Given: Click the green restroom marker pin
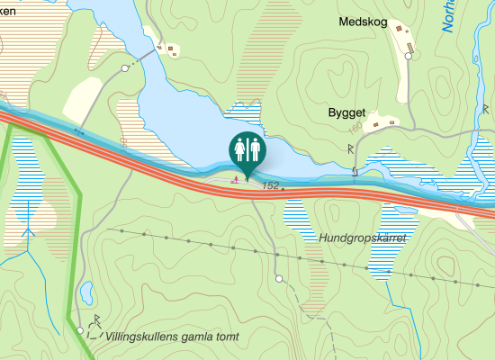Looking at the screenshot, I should pos(247,148).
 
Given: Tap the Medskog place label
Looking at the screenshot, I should pos(363,21).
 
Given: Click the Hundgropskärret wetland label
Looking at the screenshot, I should pos(363,238).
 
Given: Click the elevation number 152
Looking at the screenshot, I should pos(270,185).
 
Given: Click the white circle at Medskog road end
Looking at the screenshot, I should pos(408,56).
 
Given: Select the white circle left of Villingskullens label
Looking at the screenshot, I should pos(80,331).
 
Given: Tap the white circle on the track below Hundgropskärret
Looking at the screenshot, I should pos(279,279).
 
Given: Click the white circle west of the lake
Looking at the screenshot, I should pos(124,68).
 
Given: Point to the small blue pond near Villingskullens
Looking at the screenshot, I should pos(86,292).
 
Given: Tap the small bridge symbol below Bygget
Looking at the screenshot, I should pos(355,170).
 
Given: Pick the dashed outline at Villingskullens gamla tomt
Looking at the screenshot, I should pos(94,335).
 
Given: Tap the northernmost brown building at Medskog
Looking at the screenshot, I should pos(397,28).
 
